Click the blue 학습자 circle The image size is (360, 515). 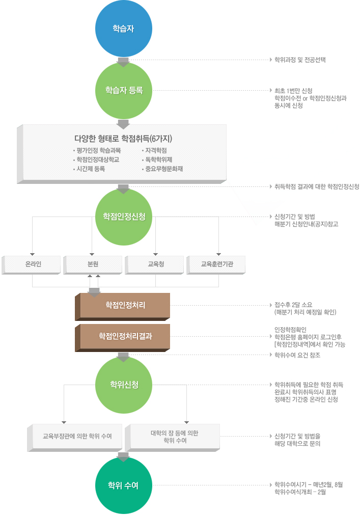[124, 28]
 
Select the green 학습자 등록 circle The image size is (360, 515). [124, 91]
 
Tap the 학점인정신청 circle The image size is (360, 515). [124, 216]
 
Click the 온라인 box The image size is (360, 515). [33, 264]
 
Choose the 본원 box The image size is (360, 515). [93, 264]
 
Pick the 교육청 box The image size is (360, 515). [156, 264]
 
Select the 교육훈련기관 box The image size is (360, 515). [217, 264]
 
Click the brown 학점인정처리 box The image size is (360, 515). [125, 305]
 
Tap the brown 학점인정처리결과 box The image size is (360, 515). [125, 336]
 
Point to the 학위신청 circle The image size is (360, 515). [124, 384]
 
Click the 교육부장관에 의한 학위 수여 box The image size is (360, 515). [77, 437]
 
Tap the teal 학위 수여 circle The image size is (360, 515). [124, 485]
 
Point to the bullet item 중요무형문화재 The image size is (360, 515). [163, 169]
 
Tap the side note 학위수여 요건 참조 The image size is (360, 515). [297, 355]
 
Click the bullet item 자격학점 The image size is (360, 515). [155, 150]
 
